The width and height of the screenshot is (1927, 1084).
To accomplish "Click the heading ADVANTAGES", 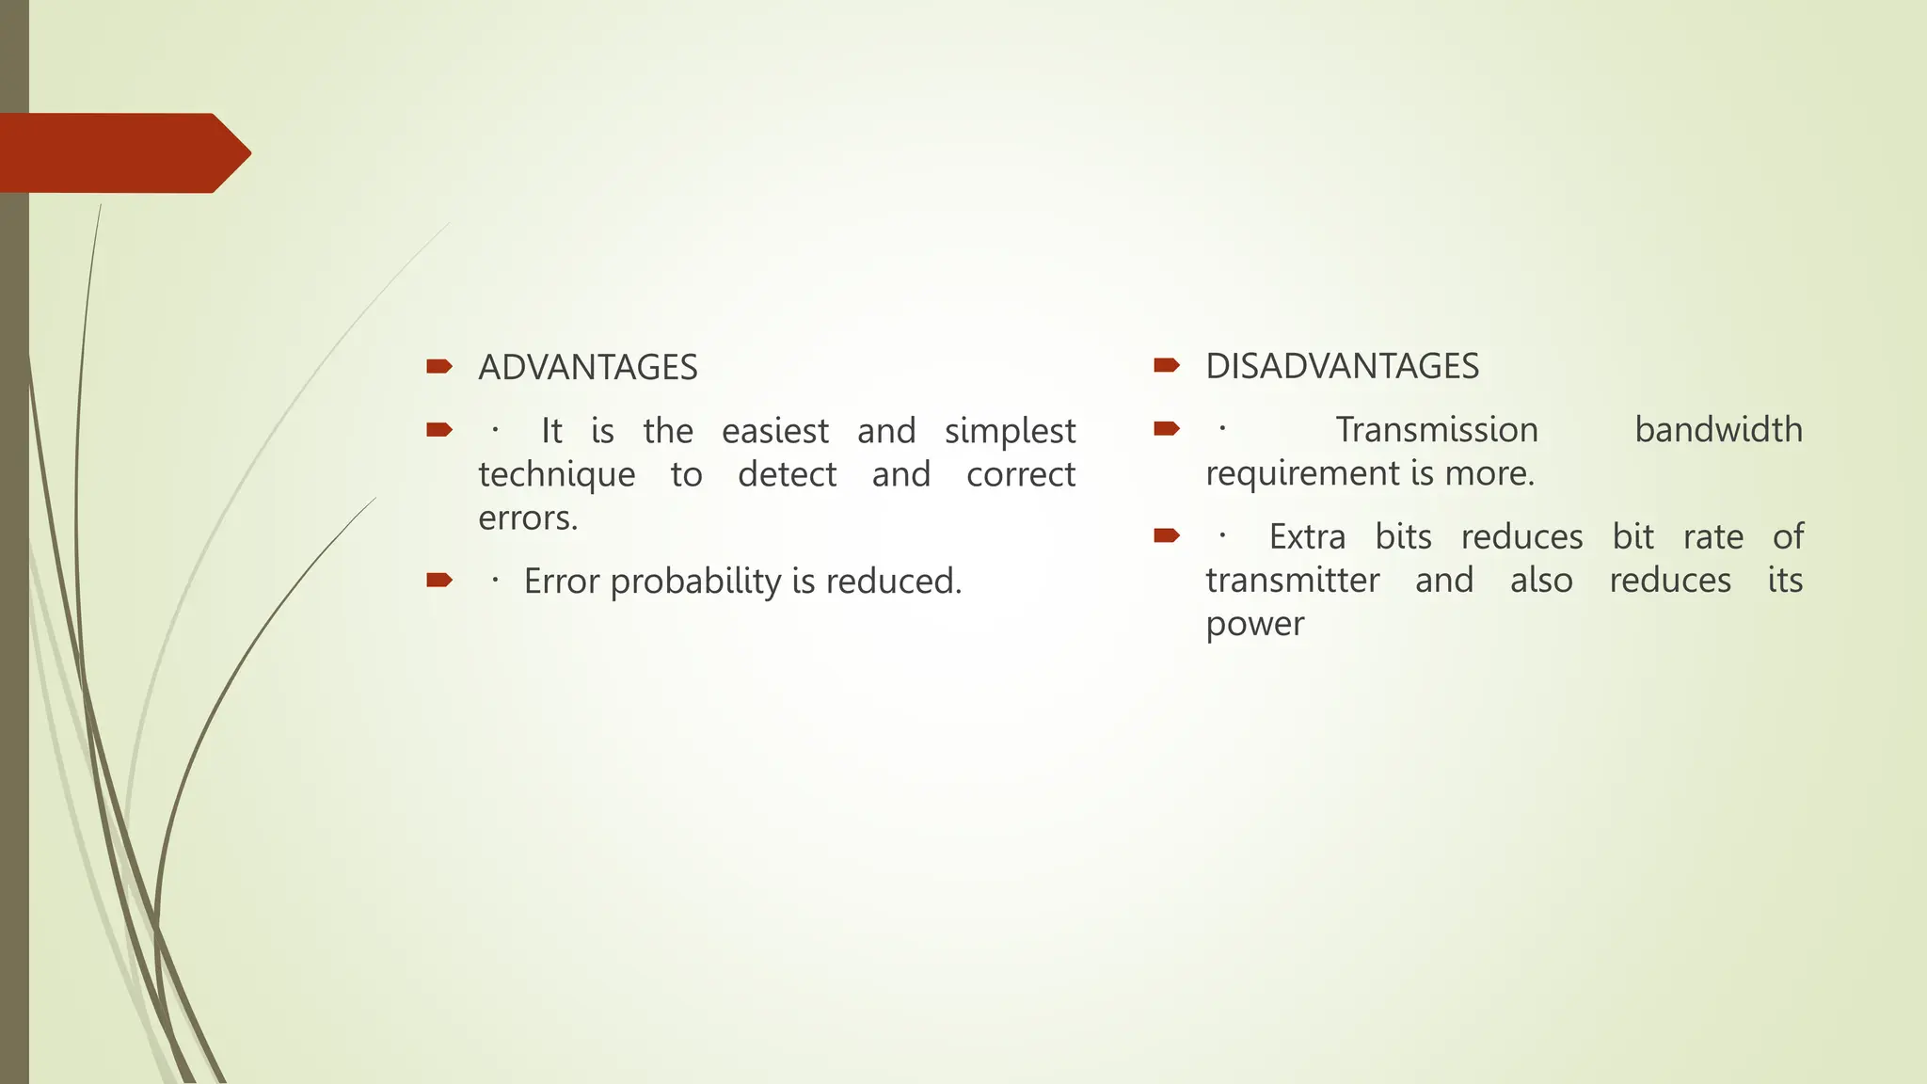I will pos(587,367).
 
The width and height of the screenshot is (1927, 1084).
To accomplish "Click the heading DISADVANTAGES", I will pos(1342,366).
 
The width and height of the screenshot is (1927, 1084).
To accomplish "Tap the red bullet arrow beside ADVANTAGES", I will pos(438,366).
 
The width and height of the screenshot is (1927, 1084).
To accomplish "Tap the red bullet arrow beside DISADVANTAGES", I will pos(1166,365).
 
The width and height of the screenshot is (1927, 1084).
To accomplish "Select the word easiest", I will pos(774,431).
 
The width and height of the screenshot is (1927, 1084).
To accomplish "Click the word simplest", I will pos(1010,431).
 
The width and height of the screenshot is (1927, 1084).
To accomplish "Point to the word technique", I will pos(556,474).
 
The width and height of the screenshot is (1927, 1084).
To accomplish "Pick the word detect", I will pos(787,474).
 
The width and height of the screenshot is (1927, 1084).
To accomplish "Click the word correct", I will pos(1020,474).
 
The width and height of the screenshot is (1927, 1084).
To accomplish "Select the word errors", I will pos(527,518).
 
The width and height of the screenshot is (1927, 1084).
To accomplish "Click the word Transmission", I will pos(1436,430).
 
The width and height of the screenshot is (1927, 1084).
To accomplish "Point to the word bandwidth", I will pos(1718,430).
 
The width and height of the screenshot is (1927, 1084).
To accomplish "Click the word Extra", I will pos(1307,536).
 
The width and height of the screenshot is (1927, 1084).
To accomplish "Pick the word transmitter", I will pos(1292,580).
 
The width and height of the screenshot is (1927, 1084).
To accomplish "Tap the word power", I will pos(1254,623).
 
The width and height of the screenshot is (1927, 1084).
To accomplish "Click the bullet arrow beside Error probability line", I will pos(438,580).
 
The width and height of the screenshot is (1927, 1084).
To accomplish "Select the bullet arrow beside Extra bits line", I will pos(1166,536).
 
